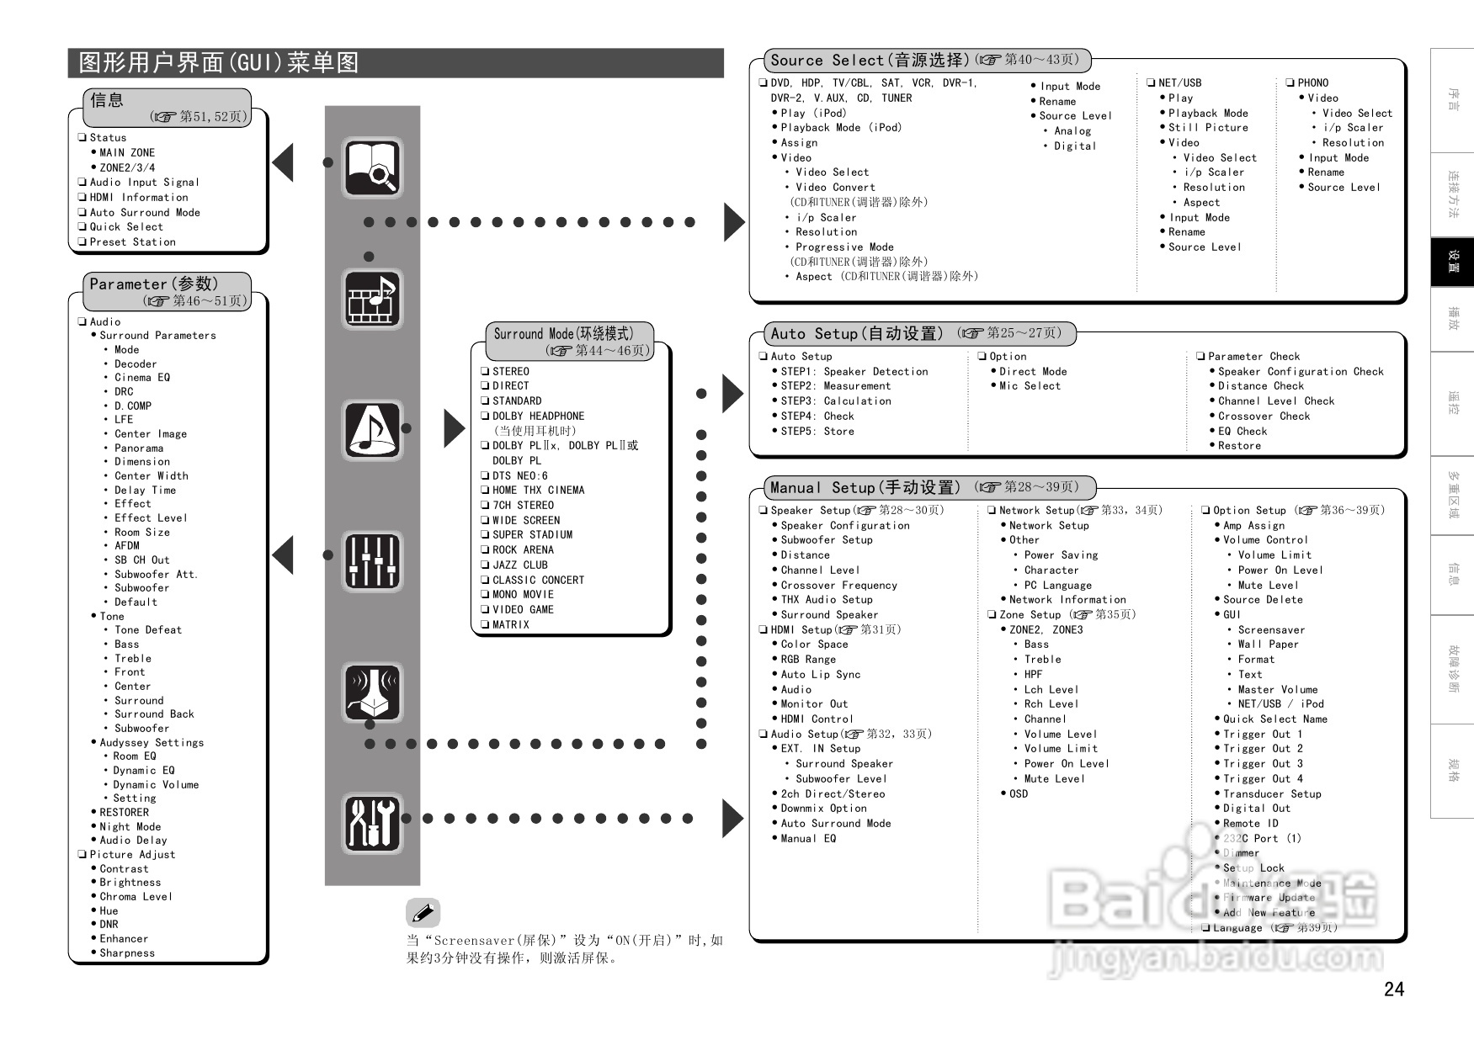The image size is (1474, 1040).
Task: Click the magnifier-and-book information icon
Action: point(372,168)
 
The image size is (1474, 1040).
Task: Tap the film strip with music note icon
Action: point(372,299)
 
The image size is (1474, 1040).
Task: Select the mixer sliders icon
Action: point(372,561)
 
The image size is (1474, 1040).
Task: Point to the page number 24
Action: point(1394,990)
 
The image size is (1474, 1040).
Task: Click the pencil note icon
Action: point(423,913)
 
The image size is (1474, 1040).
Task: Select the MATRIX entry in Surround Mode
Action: point(510,624)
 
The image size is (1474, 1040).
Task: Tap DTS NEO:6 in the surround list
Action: point(519,475)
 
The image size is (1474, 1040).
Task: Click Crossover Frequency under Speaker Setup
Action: point(838,585)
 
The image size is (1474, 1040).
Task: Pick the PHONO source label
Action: point(1312,82)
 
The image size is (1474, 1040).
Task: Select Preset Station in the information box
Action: point(132,241)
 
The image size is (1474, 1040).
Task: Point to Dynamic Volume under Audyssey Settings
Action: point(157,784)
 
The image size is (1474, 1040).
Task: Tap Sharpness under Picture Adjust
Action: point(127,952)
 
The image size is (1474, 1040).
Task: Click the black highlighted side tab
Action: point(1452,262)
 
